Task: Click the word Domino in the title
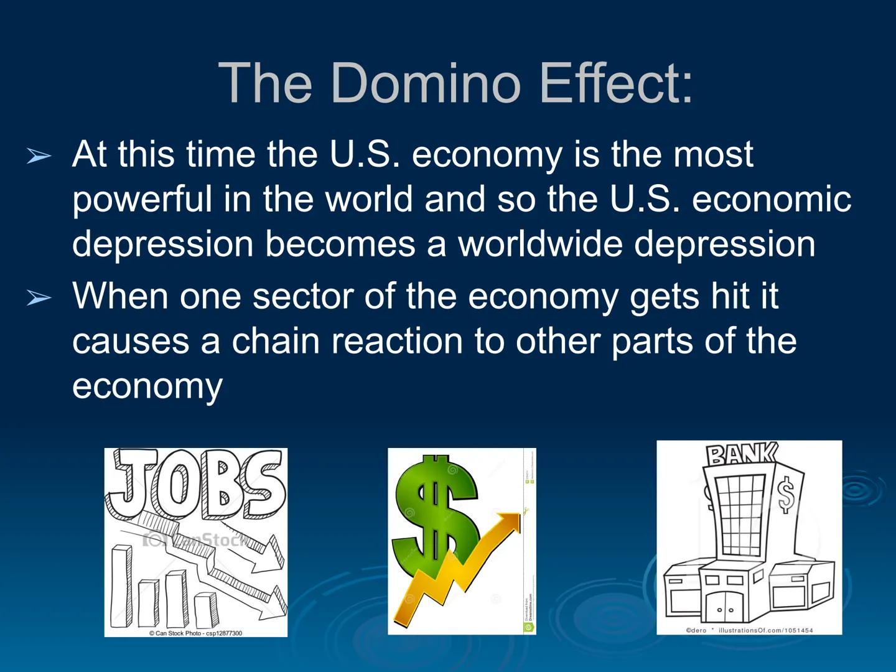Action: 424,83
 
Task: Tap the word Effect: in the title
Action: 615,83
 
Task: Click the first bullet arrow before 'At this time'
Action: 39,156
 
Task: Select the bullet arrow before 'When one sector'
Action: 39,298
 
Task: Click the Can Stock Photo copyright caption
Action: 195,633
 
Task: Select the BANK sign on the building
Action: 740,454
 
